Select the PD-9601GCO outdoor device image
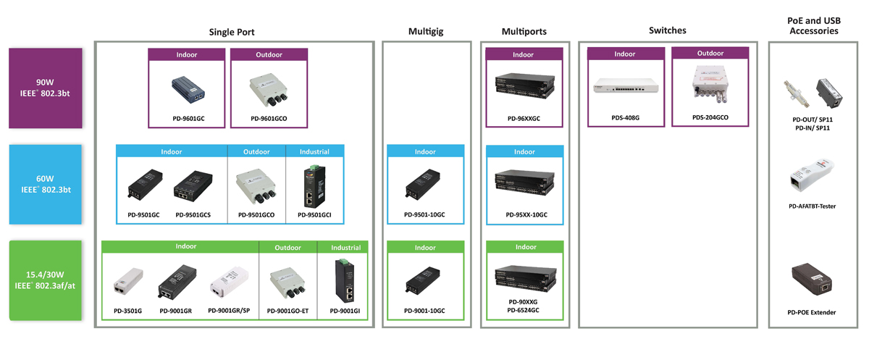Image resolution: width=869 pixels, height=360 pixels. [x=269, y=91]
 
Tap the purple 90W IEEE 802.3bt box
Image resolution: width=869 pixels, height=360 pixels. [x=45, y=87]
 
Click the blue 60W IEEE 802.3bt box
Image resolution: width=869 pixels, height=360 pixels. [x=45, y=184]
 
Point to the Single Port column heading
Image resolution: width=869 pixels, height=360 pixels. [x=232, y=31]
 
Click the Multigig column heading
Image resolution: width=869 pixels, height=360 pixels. [x=425, y=31]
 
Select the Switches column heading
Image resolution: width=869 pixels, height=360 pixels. [x=667, y=30]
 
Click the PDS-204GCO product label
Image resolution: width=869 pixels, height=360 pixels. [x=710, y=117]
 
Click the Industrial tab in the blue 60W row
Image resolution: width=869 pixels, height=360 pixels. [x=314, y=152]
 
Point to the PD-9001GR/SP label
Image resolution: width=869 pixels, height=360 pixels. [x=228, y=311]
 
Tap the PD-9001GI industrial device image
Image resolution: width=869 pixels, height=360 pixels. [x=345, y=280]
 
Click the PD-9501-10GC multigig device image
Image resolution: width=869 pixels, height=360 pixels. [x=424, y=184]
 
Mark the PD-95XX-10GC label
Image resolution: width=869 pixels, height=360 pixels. [x=526, y=215]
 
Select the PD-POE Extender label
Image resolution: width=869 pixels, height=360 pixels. [x=811, y=312]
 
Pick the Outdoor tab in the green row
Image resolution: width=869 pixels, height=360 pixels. [x=287, y=248]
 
